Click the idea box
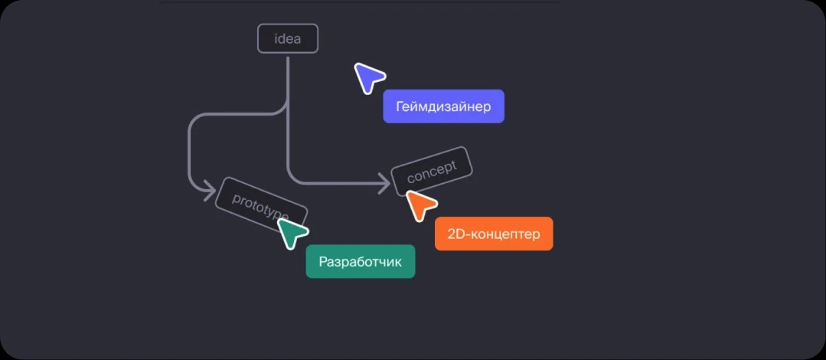(287, 39)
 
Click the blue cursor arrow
(368, 77)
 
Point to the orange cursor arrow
(420, 205)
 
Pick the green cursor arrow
(292, 232)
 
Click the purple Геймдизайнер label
(443, 106)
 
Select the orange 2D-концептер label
(493, 234)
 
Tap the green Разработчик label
(360, 261)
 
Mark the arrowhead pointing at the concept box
(385, 182)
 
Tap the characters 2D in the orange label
(454, 234)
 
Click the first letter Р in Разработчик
(323, 261)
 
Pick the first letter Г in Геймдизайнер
(400, 106)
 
